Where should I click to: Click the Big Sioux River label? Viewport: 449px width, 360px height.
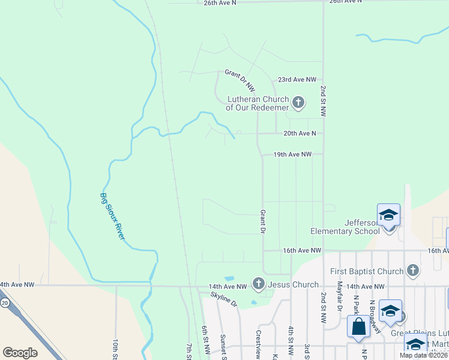[x=112, y=216]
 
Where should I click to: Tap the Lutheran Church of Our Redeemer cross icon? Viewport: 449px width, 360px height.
[x=298, y=104]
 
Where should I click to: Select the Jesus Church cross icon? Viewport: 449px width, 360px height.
[x=259, y=283]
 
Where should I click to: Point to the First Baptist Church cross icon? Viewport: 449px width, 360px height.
[x=412, y=271]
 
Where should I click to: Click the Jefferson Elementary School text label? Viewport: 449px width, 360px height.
[x=345, y=226]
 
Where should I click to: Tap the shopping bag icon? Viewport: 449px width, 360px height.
[x=358, y=327]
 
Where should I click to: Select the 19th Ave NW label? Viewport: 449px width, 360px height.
[x=292, y=154]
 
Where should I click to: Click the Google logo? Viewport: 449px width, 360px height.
[x=20, y=353]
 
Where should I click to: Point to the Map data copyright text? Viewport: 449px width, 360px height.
[x=423, y=355]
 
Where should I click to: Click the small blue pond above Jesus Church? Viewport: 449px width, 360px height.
[x=229, y=278]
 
